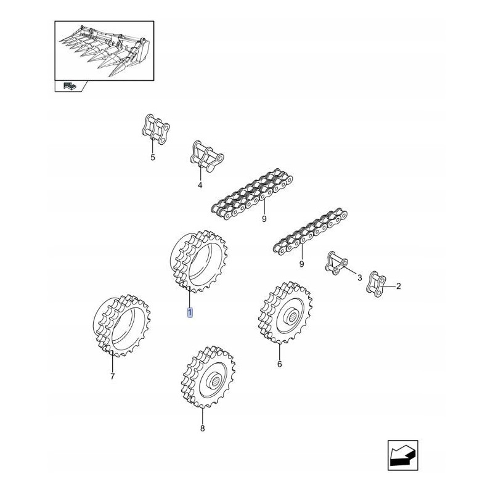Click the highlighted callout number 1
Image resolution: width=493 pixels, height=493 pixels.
tap(190, 313)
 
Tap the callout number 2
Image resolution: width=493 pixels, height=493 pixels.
tap(398, 286)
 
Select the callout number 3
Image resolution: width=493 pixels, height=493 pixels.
tap(360, 279)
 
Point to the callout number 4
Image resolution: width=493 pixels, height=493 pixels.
tap(200, 185)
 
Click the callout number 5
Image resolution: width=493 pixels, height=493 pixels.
tap(153, 158)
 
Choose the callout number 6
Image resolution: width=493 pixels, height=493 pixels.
tap(279, 364)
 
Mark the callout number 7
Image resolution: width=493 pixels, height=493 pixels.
tap(112, 377)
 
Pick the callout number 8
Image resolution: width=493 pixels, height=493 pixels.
tap(202, 428)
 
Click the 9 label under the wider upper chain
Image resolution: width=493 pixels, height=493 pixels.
tap(264, 218)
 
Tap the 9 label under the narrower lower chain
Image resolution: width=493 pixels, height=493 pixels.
tap(301, 264)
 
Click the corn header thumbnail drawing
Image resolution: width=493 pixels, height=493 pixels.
tap(104, 51)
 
